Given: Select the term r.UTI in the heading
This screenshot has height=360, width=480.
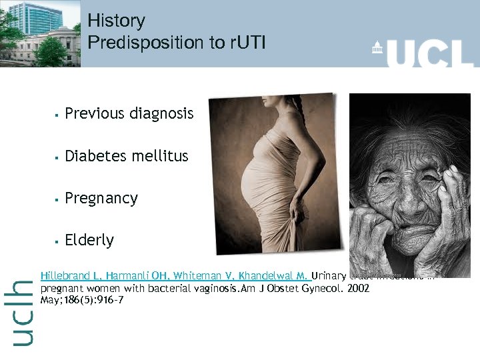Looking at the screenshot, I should click(x=247, y=43).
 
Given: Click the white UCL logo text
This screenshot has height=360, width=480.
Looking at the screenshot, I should click(x=430, y=52).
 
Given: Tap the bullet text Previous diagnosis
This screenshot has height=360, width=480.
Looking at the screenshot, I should click(x=129, y=114).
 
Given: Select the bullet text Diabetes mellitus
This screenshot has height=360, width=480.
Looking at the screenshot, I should click(x=126, y=156).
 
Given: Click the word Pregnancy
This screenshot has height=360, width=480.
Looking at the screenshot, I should click(x=101, y=198).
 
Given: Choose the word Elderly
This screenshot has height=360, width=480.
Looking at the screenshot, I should click(x=89, y=240).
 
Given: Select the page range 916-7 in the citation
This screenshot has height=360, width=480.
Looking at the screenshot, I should click(x=109, y=300).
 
